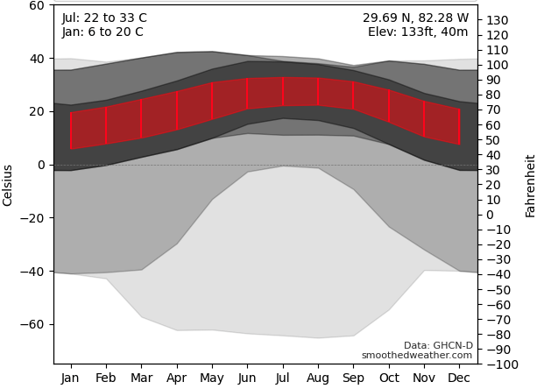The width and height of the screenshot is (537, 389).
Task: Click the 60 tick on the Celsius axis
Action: (36, 5)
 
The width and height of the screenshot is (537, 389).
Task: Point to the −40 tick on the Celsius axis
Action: (32, 272)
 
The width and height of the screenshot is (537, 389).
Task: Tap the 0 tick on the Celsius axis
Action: (40, 165)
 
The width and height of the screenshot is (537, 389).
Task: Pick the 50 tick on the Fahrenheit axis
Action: (494, 140)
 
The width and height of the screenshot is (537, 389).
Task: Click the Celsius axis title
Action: (8, 185)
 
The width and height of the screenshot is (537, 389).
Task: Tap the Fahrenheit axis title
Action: (530, 186)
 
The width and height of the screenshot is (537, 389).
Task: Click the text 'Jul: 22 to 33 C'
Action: (104, 18)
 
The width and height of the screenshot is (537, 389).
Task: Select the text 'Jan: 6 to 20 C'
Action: (102, 32)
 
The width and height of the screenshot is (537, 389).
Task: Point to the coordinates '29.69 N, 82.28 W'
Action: (415, 18)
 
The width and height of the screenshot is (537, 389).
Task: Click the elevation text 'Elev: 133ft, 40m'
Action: (418, 32)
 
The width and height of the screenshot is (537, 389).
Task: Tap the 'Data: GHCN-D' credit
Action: (438, 345)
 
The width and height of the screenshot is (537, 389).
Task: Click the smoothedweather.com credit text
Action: (417, 356)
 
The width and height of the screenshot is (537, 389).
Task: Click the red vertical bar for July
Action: (283, 91)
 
